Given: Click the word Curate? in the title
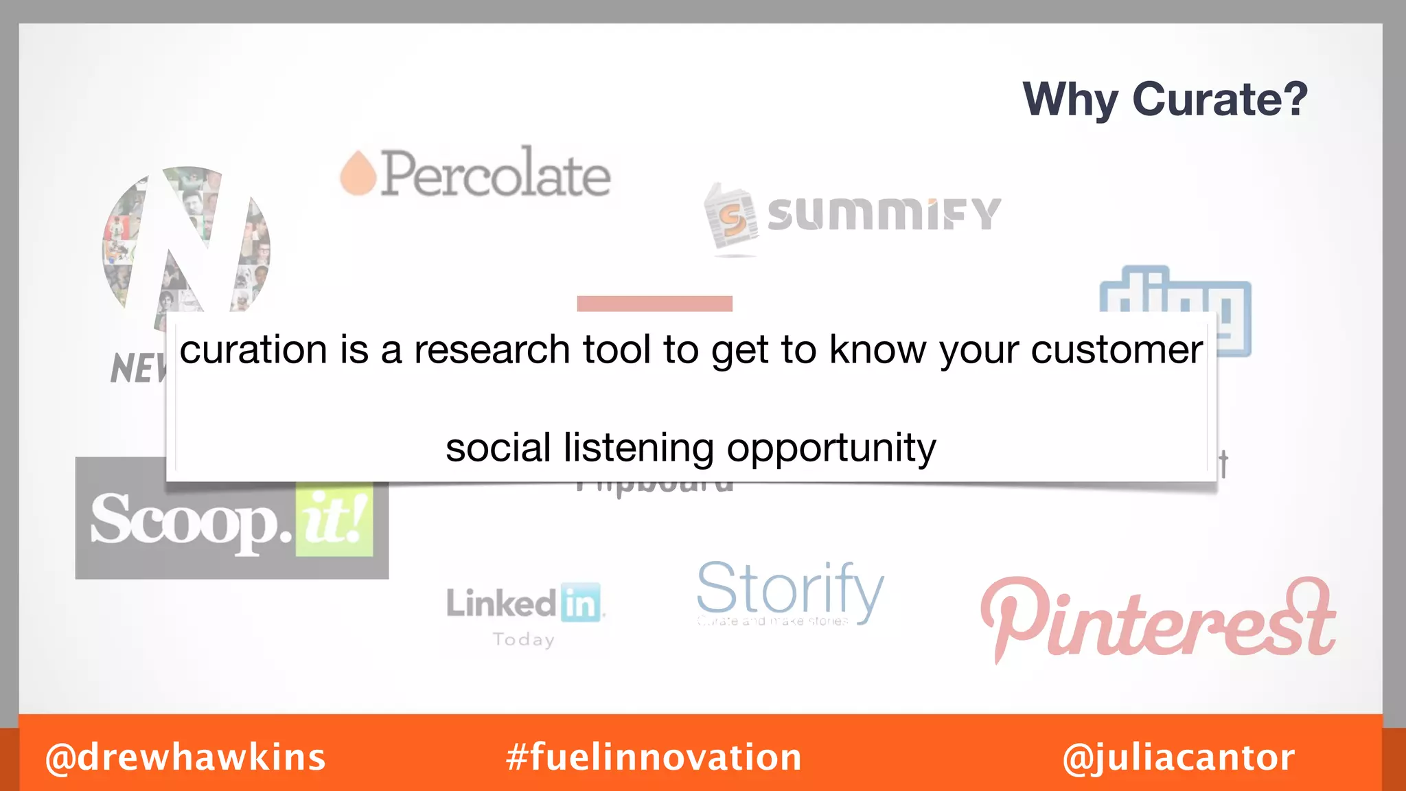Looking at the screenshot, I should coord(1219,100).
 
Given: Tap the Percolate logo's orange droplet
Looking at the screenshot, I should coord(358,174).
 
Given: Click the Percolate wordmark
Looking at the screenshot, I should coord(496,174).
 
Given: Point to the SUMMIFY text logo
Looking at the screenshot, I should coord(884,214).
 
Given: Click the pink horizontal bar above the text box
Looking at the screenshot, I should coord(654,303).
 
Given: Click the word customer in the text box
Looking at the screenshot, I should coord(1116,350).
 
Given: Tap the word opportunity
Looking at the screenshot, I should coord(831,448).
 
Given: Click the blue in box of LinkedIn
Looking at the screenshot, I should coord(581,603).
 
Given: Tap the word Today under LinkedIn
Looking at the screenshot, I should coord(523,640).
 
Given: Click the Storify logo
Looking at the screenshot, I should coord(790,591).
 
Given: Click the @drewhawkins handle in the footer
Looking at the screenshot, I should coord(185,757).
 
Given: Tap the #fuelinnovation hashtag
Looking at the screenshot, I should coord(654,757).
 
